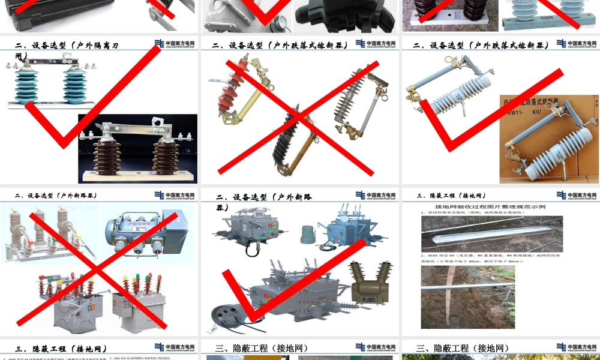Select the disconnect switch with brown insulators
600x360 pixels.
137,150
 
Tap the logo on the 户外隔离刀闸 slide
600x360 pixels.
175,43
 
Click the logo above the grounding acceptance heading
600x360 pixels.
577,195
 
